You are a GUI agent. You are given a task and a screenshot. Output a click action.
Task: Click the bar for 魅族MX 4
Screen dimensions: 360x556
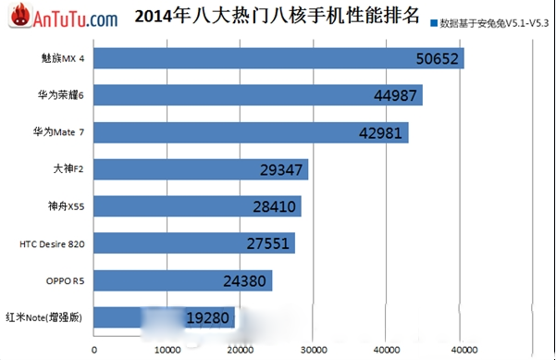point(278,58)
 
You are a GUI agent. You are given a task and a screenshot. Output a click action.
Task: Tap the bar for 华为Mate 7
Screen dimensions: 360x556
point(250,132)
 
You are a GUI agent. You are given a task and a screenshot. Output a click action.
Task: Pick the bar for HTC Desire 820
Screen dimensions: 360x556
point(194,243)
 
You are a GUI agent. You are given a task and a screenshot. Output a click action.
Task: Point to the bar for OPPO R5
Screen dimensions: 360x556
point(182,280)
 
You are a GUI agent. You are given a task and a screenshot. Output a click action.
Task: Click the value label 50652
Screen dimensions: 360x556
point(438,58)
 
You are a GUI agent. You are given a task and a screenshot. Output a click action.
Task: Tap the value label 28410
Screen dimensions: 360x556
point(275,207)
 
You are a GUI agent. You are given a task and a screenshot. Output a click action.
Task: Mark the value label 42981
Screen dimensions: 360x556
point(382,133)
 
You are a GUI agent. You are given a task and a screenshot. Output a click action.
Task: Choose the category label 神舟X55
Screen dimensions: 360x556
point(67,206)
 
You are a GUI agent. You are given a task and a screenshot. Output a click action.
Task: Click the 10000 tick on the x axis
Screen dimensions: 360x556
point(167,349)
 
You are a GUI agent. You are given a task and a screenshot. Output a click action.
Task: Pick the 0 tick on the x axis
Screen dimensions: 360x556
point(94,349)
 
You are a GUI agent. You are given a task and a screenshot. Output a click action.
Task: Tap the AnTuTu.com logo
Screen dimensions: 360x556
point(61,18)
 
